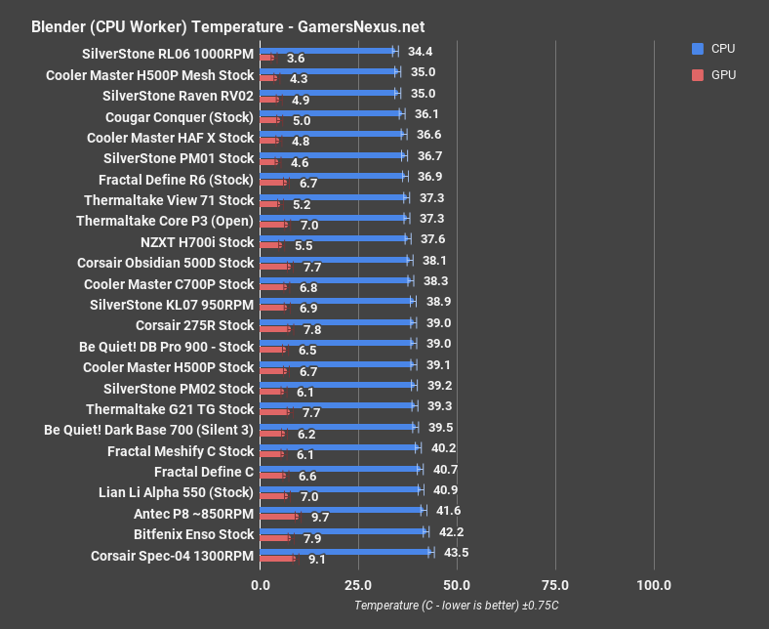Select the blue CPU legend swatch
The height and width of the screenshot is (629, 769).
[x=697, y=48]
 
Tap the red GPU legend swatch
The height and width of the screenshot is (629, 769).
[x=697, y=73]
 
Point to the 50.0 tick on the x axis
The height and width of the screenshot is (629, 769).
[x=457, y=585]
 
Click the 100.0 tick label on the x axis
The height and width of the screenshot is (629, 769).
[x=653, y=585]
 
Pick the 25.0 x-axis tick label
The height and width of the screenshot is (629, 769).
[x=358, y=585]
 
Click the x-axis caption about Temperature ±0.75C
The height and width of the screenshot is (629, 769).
[x=457, y=607]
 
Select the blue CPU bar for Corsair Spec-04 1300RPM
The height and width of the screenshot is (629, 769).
[x=345, y=552]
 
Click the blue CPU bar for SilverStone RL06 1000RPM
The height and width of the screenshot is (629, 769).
[x=327, y=50]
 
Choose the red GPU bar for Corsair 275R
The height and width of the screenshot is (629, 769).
[x=275, y=329]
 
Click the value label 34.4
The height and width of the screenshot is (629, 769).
[x=421, y=51]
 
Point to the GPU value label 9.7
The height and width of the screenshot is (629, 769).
[x=320, y=517]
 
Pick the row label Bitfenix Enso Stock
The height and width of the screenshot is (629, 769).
[x=193, y=534]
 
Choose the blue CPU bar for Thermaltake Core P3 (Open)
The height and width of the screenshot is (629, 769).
[x=333, y=218]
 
